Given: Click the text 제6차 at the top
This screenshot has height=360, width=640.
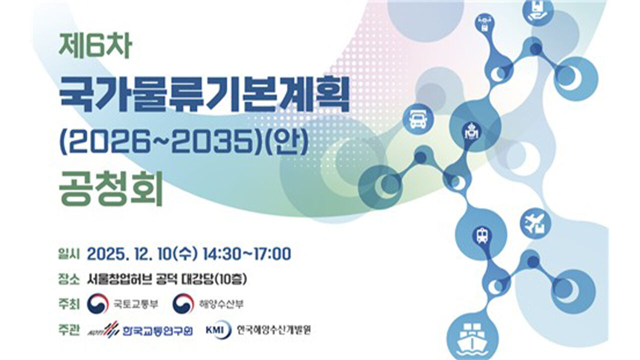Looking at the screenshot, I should pos(94,47).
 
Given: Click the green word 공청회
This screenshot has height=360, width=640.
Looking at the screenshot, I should pos(111,190).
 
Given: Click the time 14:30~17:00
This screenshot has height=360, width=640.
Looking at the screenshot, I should pos(246,253).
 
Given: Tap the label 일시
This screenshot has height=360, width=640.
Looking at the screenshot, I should pos(69,254).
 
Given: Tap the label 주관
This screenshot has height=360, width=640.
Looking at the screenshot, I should pos(69,330).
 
